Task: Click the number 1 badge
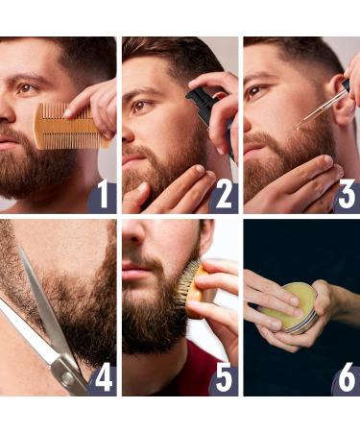pos(102,196)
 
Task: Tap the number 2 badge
pos(223,196)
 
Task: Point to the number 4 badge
pos(102,377)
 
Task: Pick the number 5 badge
pos(223,377)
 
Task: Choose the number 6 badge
pos(346,377)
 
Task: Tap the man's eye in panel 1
pos(25,89)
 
